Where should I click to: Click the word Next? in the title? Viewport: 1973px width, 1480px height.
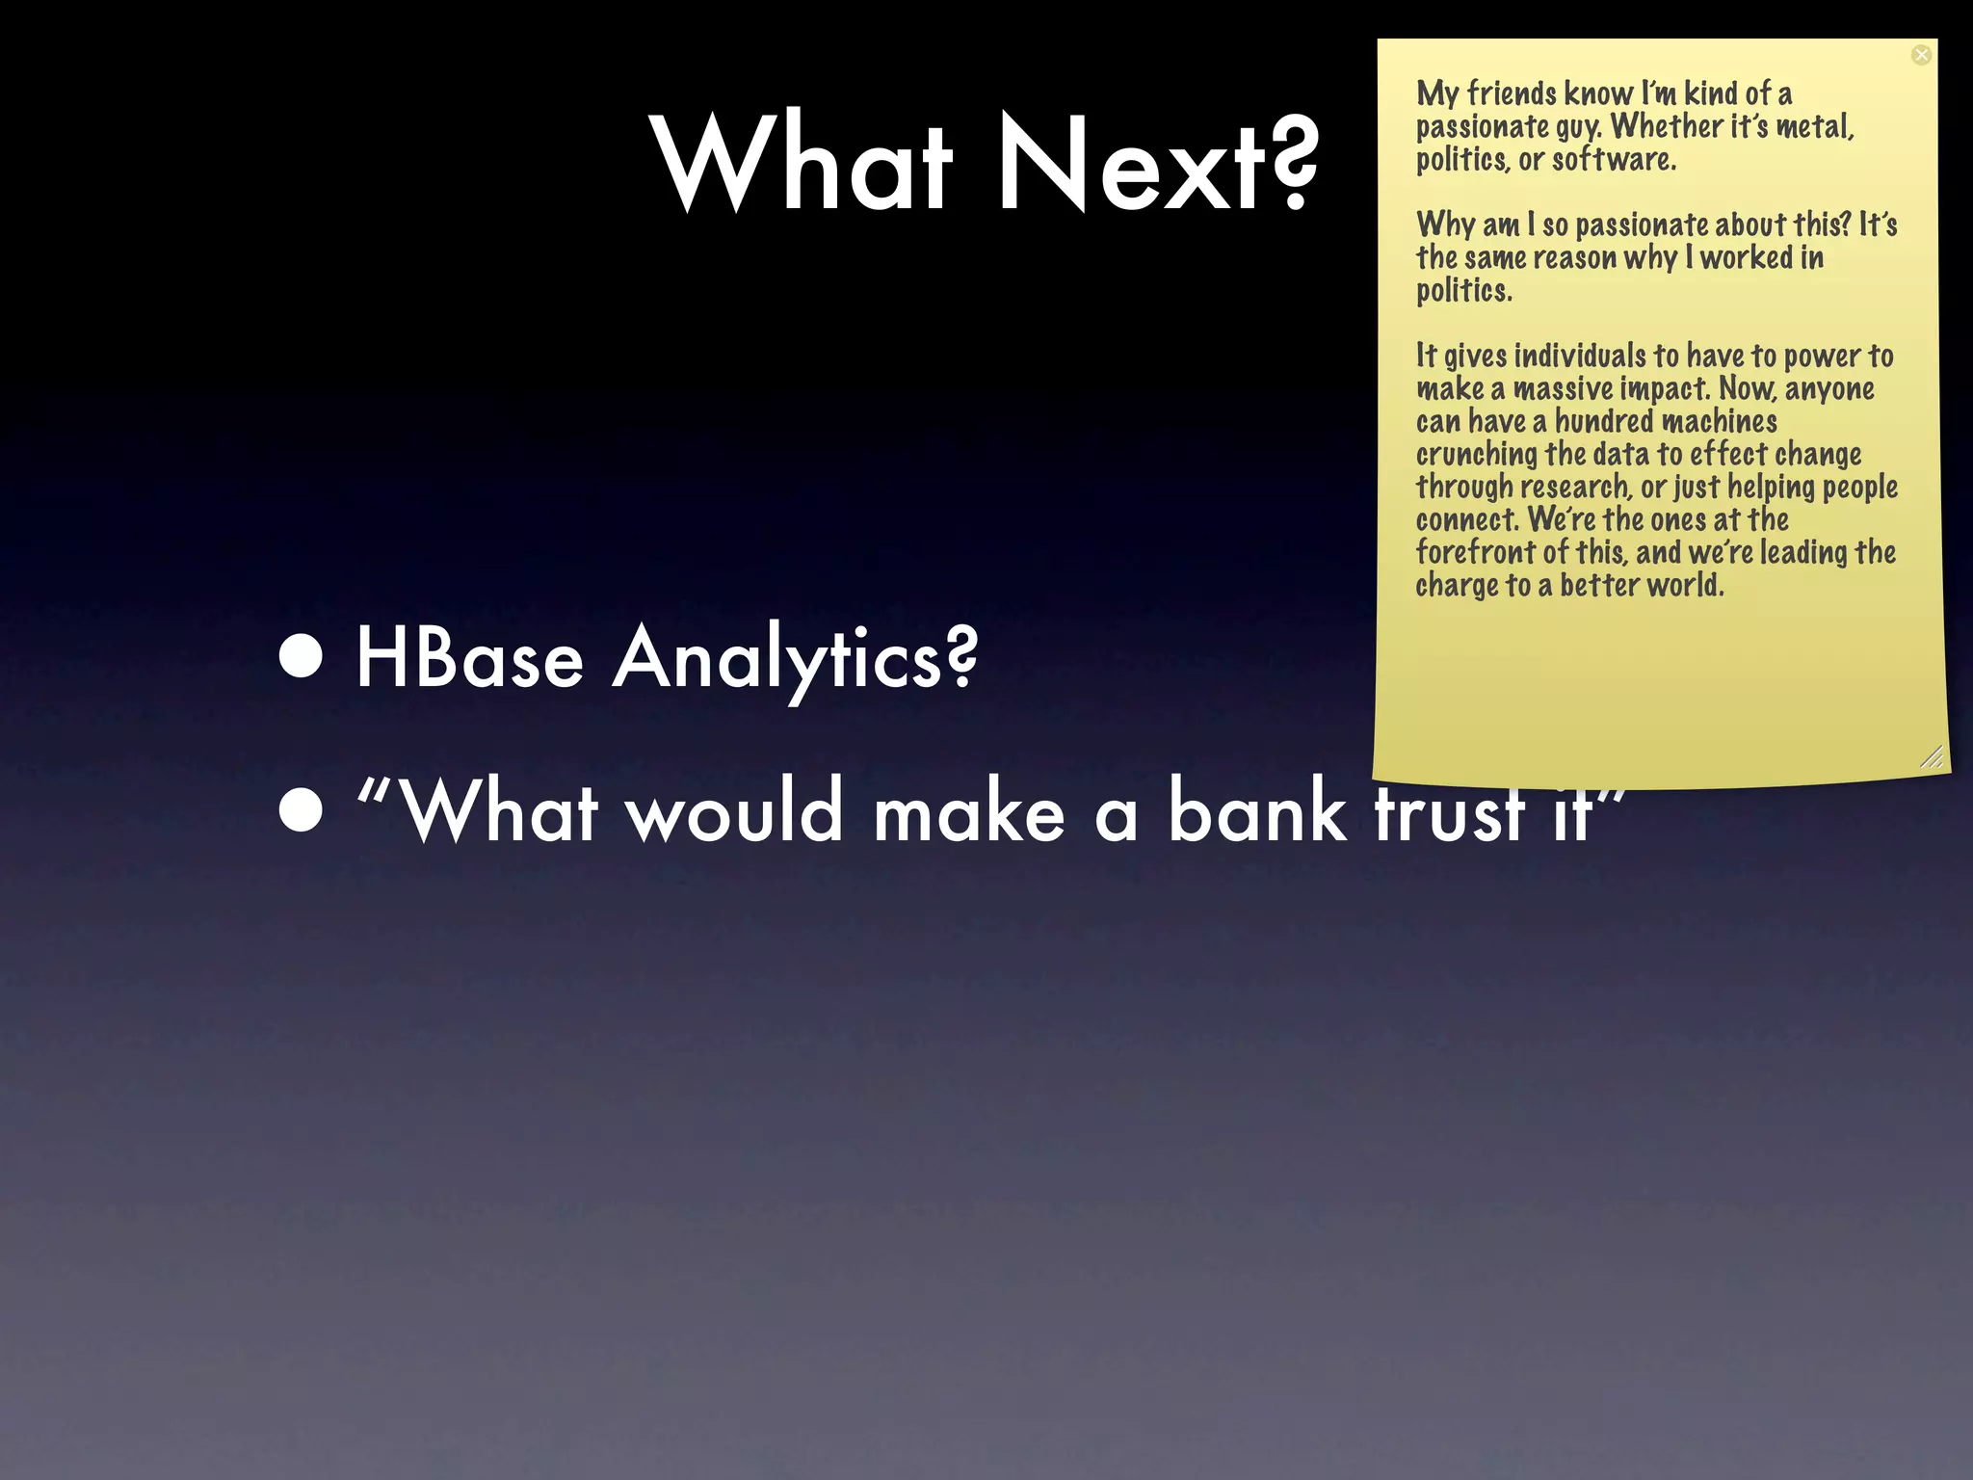coord(1156,164)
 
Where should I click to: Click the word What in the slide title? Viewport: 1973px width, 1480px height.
coord(804,164)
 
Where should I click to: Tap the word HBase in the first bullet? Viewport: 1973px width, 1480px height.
coord(469,659)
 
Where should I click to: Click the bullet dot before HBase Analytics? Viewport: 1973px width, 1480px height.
coord(302,657)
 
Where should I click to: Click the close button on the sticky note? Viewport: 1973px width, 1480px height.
coord(1921,55)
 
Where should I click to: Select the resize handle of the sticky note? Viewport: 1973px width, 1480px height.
coord(1931,757)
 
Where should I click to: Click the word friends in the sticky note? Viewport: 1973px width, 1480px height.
coord(1512,93)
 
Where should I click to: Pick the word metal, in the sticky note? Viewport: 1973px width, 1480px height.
coord(1815,126)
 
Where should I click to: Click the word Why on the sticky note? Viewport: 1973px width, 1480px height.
coord(1445,225)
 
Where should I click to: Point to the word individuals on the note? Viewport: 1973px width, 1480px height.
coord(1580,356)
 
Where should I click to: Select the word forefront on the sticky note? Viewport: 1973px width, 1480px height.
coord(1475,552)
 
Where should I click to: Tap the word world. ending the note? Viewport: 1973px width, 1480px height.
coord(1685,585)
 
